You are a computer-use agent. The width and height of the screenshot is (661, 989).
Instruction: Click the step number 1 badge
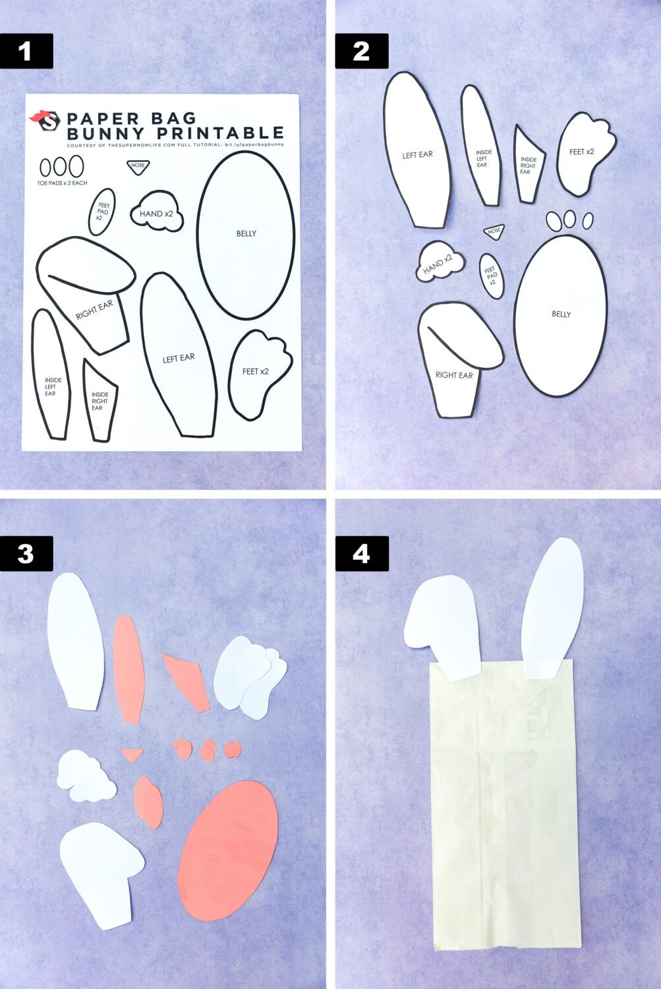26,51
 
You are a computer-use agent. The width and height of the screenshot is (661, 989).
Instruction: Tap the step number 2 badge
361,51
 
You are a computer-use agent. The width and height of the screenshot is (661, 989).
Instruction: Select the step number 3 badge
26,553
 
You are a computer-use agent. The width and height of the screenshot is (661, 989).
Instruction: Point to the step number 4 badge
361,553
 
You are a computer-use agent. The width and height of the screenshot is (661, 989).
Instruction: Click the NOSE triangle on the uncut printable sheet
137,167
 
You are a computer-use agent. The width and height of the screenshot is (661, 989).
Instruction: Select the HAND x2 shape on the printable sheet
157,214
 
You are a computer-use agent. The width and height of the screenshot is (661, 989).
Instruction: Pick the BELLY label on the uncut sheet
246,233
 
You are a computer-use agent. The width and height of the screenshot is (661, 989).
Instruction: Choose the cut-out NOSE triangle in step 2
494,231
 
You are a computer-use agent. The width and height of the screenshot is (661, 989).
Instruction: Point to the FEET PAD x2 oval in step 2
490,276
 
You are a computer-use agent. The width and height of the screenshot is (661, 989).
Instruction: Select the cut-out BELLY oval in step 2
561,315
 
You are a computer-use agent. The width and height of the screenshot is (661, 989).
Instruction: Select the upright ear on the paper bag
552,607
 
